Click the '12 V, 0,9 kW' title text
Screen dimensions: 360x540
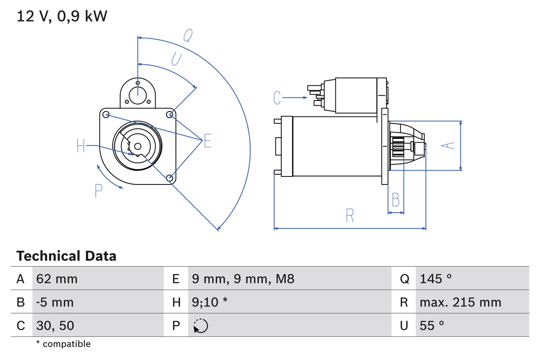pyautogui.click(x=62, y=16)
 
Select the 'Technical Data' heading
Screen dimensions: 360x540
pyautogui.click(x=66, y=256)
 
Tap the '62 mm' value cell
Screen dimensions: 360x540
pyautogui.click(x=57, y=279)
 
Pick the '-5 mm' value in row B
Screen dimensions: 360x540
pyautogui.click(x=55, y=302)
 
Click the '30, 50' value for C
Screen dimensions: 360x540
pyautogui.click(x=55, y=325)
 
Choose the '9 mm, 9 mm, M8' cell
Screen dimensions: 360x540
pyautogui.click(x=243, y=279)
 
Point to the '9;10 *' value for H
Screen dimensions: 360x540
pyautogui.click(x=209, y=302)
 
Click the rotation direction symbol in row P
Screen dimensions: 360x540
pyautogui.click(x=200, y=326)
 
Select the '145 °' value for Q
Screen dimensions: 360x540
pyautogui.click(x=436, y=279)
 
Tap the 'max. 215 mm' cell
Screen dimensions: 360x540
pyautogui.click(x=460, y=302)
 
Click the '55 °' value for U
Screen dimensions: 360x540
pyautogui.click(x=432, y=325)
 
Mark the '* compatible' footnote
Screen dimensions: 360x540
pyautogui.click(x=63, y=344)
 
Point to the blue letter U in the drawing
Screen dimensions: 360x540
pyautogui.click(x=176, y=59)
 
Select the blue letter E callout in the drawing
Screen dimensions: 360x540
pyautogui.click(x=207, y=141)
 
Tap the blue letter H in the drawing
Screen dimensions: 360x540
pyautogui.click(x=81, y=146)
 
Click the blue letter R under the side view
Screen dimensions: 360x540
pyautogui.click(x=350, y=215)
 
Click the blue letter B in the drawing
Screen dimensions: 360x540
pyautogui.click(x=395, y=200)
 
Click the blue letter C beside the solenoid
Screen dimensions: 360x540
pyautogui.click(x=277, y=98)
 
